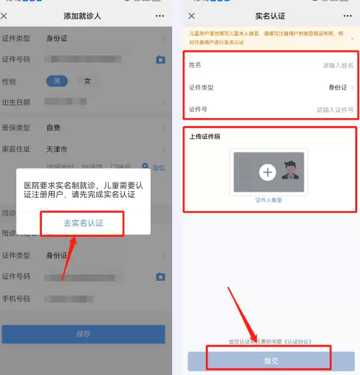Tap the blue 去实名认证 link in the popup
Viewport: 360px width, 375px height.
(83, 223)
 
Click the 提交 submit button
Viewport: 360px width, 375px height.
(271, 360)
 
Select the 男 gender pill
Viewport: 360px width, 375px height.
(57, 81)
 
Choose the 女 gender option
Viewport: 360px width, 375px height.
(87, 81)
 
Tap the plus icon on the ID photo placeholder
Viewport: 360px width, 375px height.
(267, 172)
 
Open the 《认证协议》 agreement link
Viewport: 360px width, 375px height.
(298, 341)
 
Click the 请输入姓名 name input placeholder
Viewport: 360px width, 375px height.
(338, 66)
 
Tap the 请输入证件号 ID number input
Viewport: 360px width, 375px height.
(334, 109)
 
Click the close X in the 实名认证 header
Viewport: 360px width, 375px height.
(191, 16)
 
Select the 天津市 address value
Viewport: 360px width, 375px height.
(56, 149)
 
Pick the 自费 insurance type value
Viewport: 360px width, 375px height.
(53, 127)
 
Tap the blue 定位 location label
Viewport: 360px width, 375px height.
(159, 168)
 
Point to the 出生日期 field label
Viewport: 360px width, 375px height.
(16, 102)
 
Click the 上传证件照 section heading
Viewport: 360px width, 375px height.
(205, 137)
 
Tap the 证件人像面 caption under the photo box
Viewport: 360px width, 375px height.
(268, 200)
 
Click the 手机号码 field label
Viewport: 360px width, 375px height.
(16, 299)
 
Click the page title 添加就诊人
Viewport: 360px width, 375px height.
(82, 16)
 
